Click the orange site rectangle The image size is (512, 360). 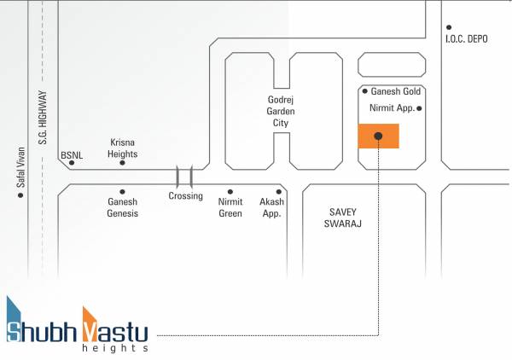pyautogui.click(x=378, y=136)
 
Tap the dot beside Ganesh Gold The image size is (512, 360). pyautogui.click(x=364, y=91)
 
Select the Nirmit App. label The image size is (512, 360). pyautogui.click(x=391, y=109)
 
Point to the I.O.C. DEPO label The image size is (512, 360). pyautogui.click(x=465, y=39)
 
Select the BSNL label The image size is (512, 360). pyautogui.click(x=70, y=156)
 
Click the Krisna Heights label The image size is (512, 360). pyautogui.click(x=122, y=148)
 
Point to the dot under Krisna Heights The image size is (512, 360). pyautogui.click(x=122, y=162)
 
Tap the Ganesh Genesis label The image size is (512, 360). pyautogui.click(x=123, y=207)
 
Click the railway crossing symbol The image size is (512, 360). pyautogui.click(x=184, y=177)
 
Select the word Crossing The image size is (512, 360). pyautogui.click(x=185, y=196)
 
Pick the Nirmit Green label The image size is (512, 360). pyautogui.click(x=230, y=207)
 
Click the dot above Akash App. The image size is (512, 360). pyautogui.click(x=278, y=192)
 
